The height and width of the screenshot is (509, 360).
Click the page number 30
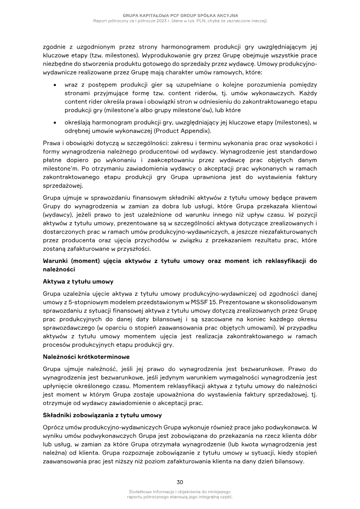tap(180, 482)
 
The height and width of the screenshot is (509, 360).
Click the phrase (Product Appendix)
tap(185, 131)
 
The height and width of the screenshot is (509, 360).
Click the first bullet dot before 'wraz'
tap(54, 85)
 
